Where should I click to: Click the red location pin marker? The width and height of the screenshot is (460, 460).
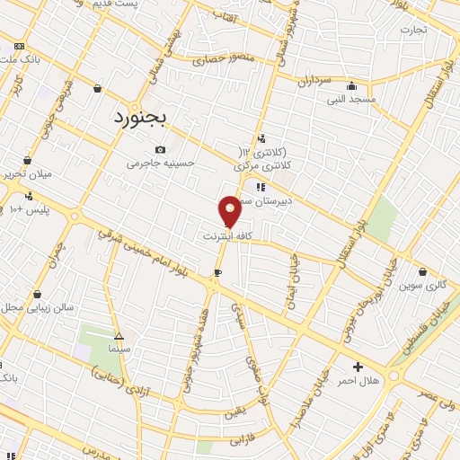[230, 210]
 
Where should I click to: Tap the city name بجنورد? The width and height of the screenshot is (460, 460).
[146, 117]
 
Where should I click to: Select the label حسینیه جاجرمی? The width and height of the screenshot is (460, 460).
[159, 164]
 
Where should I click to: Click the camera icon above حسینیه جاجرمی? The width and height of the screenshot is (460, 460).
[160, 149]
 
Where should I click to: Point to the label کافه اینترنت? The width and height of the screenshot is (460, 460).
[230, 236]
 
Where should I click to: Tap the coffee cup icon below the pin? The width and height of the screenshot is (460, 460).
[217, 272]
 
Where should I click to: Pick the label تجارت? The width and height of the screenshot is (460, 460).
[413, 28]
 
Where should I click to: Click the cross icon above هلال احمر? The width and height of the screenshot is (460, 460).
[358, 367]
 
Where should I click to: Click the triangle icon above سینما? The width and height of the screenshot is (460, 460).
[119, 335]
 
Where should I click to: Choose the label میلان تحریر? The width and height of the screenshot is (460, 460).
[26, 173]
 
